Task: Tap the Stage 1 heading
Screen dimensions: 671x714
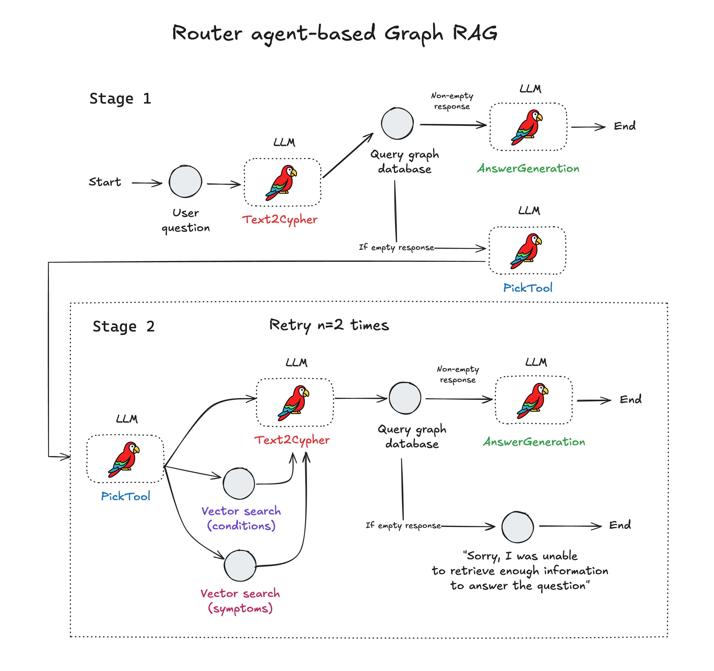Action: [120, 99]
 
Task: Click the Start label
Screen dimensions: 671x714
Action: [105, 182]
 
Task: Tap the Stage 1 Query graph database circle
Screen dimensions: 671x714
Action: [397, 123]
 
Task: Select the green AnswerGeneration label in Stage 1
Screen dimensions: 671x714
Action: [528, 168]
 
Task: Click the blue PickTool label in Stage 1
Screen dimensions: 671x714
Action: [528, 288]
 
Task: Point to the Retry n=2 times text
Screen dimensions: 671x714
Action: [329, 325]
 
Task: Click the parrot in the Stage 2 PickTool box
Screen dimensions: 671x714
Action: [124, 459]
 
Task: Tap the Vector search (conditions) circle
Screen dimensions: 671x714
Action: [239, 484]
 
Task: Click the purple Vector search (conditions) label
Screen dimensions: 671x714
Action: [241, 518]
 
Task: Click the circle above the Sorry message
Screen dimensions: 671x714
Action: [517, 527]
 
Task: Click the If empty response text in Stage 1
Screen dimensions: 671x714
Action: [397, 247]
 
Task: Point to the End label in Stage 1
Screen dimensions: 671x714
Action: [625, 126]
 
